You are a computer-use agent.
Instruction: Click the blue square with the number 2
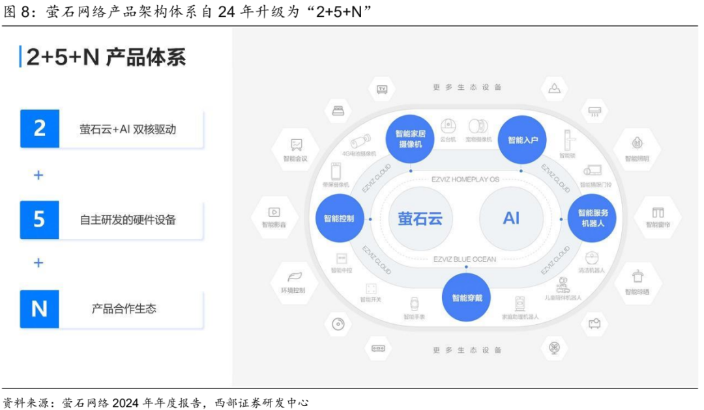point(39,128)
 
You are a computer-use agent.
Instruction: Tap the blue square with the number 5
point(39,219)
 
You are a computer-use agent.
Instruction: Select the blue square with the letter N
point(39,308)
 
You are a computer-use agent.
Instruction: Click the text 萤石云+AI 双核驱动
point(128,129)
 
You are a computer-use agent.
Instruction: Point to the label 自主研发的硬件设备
point(128,220)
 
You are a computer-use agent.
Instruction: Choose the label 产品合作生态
point(124,309)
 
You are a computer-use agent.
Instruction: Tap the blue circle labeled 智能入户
point(523,139)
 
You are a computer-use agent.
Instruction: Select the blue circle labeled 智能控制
point(338,218)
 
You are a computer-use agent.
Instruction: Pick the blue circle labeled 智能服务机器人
point(593,218)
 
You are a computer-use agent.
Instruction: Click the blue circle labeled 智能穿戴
point(467,299)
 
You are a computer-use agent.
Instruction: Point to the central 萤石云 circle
point(420,218)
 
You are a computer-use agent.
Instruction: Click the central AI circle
point(511,218)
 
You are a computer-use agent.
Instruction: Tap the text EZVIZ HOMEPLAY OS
point(465,179)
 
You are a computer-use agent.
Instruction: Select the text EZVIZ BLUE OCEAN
point(465,259)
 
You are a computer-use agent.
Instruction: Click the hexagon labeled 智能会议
point(296,148)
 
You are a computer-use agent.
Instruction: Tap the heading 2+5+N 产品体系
point(106,57)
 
